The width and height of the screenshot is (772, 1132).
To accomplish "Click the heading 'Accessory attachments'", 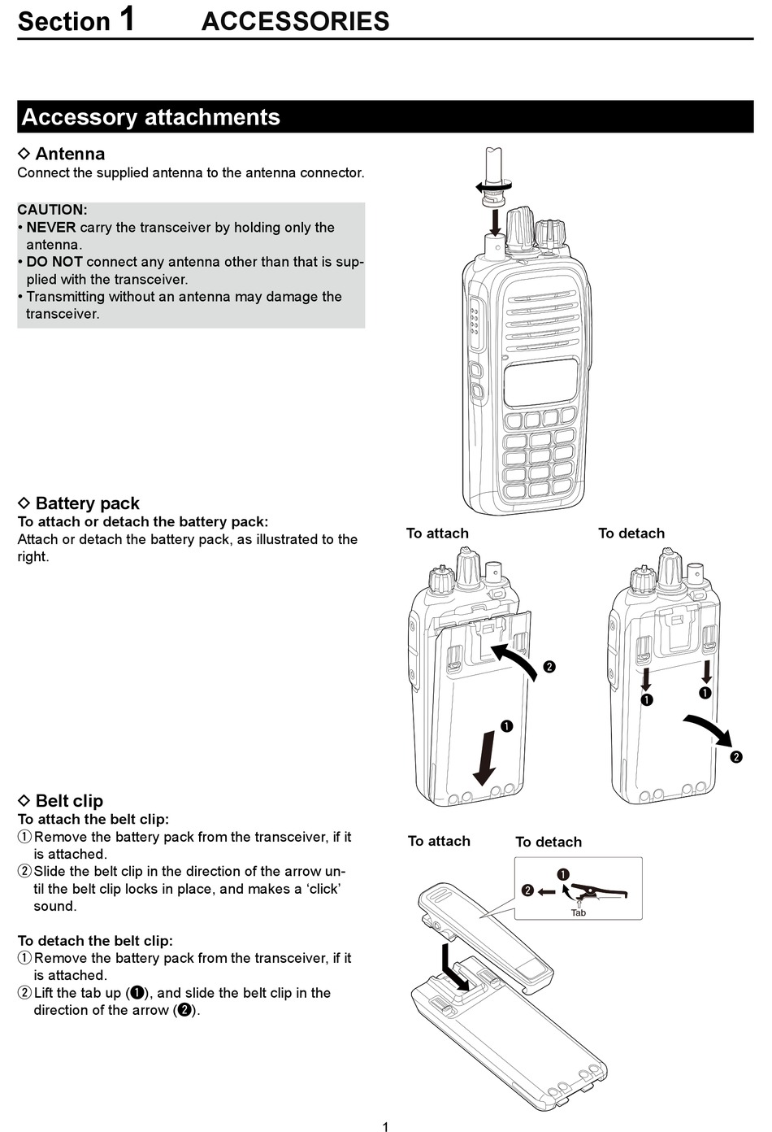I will [x=150, y=117].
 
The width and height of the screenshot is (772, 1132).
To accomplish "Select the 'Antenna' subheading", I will [x=70, y=154].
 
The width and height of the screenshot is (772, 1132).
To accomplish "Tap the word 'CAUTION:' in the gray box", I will [x=52, y=210].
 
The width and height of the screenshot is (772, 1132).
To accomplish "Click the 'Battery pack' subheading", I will [x=87, y=503].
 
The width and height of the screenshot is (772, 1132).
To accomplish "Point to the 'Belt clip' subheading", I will [x=69, y=801].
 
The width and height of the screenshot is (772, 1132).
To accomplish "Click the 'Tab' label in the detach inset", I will [x=578, y=912].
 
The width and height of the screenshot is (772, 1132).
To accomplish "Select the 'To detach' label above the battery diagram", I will [x=631, y=533].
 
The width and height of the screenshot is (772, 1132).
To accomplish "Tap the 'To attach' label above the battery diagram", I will [x=437, y=533].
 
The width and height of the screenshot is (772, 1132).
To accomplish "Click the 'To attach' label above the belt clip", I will [x=439, y=841].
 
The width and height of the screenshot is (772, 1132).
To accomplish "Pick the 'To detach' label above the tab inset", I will [x=549, y=842].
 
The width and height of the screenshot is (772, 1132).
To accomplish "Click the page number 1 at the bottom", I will [x=385, y=1126].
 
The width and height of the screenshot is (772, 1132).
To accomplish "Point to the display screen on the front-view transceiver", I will [x=540, y=383].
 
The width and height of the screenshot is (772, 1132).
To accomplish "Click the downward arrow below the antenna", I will [x=494, y=220].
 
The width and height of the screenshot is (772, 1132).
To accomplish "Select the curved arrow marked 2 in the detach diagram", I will [x=708, y=729].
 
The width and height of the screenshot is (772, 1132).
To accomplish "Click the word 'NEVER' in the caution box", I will [x=51, y=228].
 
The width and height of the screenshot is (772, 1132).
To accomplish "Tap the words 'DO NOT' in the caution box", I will [x=54, y=262].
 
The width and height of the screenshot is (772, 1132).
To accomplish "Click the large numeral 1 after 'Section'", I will [x=128, y=20].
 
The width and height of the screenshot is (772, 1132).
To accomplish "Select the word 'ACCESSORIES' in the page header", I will [x=295, y=21].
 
